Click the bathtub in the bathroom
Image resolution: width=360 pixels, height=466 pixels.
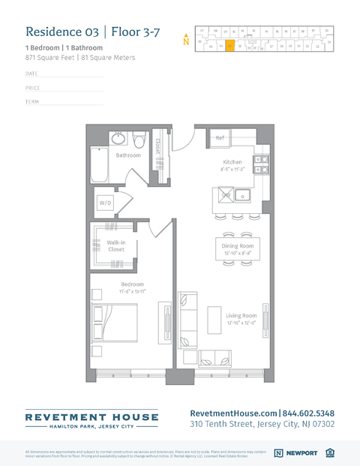100,164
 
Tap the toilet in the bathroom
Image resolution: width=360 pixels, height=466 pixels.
139,140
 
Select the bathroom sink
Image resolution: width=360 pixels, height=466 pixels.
119,139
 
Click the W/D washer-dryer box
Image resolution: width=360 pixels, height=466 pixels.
106,203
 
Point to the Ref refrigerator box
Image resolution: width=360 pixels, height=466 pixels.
220,139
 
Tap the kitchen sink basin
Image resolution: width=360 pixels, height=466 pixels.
243,196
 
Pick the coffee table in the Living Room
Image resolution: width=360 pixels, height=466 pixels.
214,320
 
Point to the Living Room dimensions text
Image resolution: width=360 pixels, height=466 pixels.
241,323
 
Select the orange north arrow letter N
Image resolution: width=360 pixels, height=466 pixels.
186,42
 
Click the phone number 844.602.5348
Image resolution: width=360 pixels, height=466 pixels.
309,413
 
